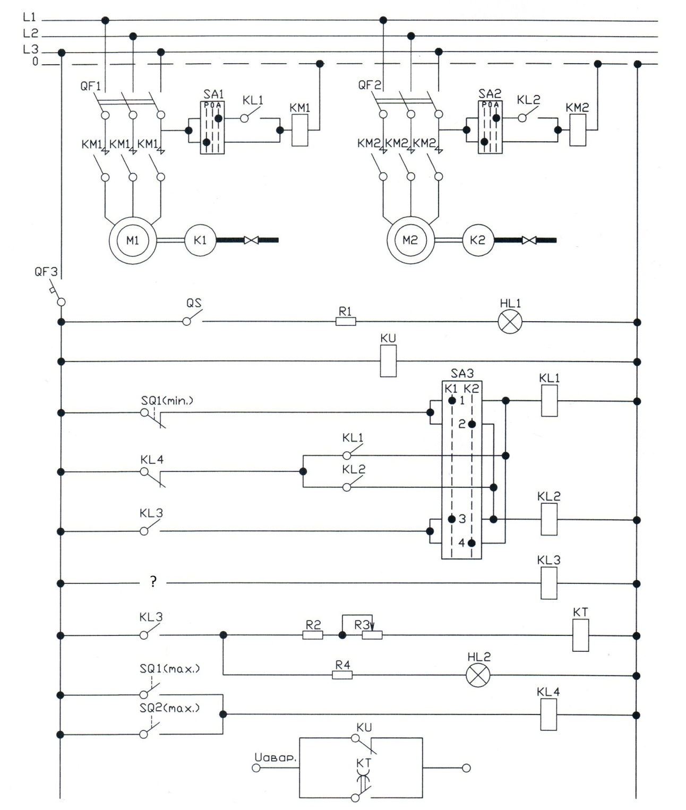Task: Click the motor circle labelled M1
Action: (133, 240)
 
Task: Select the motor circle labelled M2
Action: (411, 240)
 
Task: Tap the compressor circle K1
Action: (200, 240)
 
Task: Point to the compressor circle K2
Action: (478, 240)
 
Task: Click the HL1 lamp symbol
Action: (510, 322)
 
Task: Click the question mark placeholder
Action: (153, 582)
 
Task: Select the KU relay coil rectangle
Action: (388, 361)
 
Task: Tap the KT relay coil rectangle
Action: (580, 635)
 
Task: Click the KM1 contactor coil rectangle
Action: (300, 130)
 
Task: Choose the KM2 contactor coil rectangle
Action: (578, 130)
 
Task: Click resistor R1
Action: (346, 322)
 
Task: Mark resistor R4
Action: (342, 675)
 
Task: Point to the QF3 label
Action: (46, 272)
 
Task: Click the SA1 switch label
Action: (213, 94)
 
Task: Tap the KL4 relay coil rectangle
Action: (549, 714)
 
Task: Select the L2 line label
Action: (30, 33)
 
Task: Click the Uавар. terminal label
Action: (275, 757)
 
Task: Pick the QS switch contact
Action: (193, 317)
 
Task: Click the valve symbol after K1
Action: (251, 240)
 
